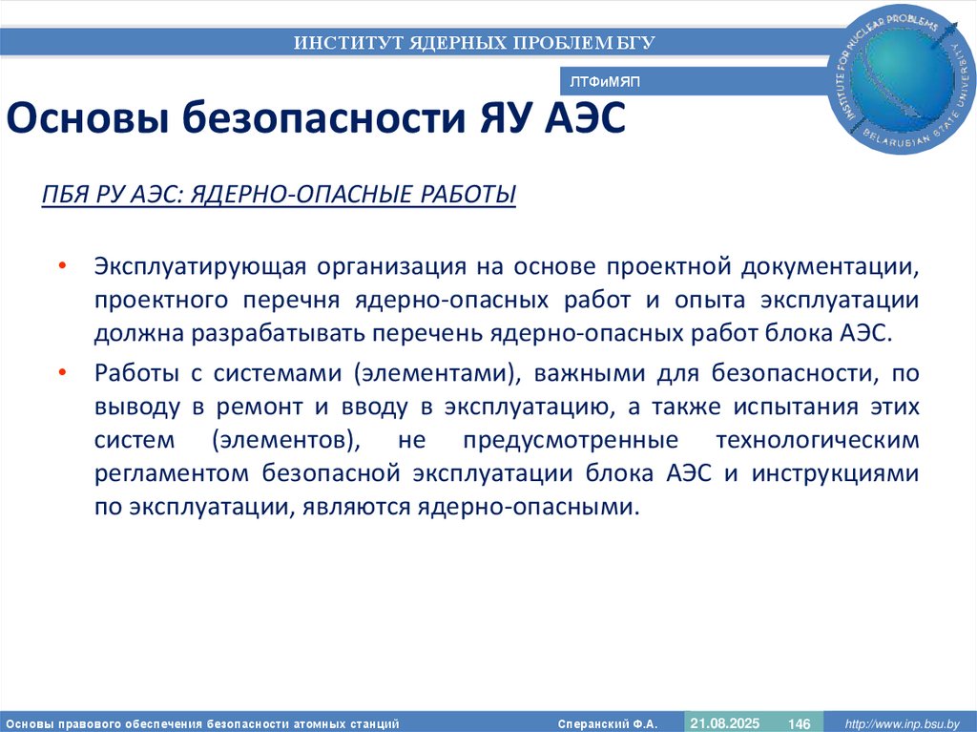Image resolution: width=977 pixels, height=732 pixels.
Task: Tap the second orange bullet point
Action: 62,370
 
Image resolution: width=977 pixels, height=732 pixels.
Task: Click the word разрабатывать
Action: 278,333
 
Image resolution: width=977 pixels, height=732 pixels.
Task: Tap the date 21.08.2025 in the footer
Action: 725,723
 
